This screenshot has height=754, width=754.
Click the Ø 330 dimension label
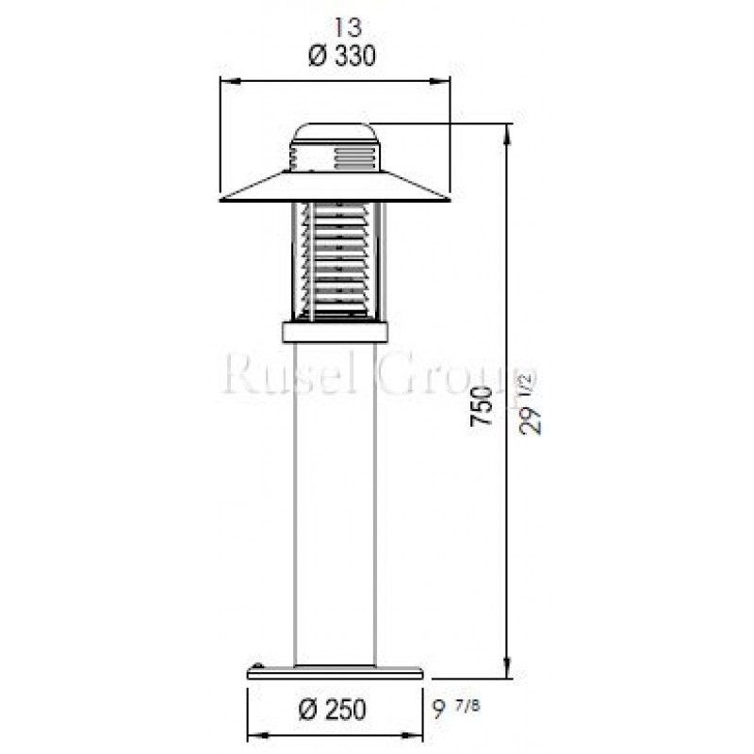341,57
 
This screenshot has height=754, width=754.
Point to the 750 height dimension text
482,405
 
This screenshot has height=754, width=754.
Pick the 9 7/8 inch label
463,707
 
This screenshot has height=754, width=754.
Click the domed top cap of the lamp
335,132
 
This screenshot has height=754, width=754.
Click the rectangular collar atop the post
335,331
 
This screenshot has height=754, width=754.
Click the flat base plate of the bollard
335,672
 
